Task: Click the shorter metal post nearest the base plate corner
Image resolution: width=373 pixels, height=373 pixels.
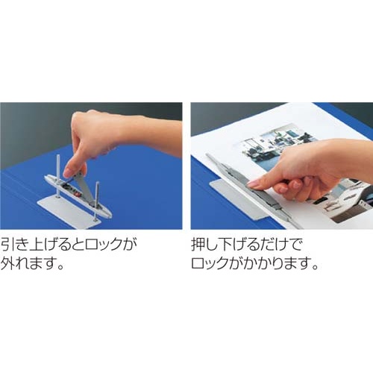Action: pos(96,200)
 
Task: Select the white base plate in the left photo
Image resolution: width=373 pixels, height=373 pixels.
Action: pos(69,212)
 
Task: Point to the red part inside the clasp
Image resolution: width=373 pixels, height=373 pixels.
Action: pos(77,193)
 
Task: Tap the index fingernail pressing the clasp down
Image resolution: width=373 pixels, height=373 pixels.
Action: pos(253,184)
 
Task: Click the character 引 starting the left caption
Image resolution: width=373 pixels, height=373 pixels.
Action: pos(7,245)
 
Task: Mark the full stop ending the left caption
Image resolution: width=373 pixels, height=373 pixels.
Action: pos(59,267)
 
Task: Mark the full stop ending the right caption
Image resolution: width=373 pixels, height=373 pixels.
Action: pos(315,267)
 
